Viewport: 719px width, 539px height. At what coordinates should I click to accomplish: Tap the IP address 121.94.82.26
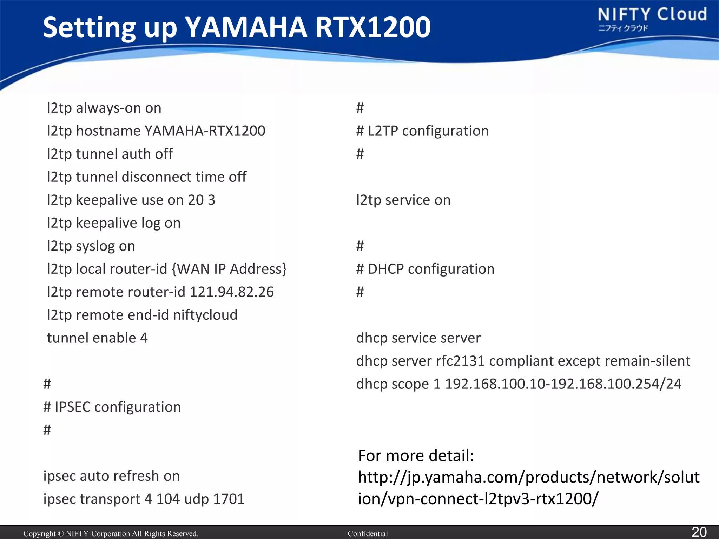coord(232,292)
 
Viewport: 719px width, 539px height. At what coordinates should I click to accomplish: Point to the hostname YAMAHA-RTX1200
coord(205,131)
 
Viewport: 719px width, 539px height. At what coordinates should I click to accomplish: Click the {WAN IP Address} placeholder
coord(229,269)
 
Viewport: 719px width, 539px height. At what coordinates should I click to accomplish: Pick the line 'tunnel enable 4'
coord(97,338)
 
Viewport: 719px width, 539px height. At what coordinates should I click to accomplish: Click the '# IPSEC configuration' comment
coord(112,407)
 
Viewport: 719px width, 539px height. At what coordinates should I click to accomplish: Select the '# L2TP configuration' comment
coord(422,131)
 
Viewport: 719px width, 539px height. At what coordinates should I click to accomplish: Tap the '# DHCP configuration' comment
coord(425,269)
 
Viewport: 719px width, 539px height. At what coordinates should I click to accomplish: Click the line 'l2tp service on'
coord(403,200)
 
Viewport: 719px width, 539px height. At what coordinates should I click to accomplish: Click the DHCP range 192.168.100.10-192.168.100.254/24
coord(563,384)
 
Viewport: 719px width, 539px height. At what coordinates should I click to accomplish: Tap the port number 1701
coord(229,499)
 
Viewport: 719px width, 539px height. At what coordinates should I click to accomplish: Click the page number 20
coord(699,532)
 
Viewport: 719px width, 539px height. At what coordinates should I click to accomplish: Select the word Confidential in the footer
coord(368,534)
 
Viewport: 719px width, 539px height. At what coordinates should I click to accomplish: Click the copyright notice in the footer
coord(111,534)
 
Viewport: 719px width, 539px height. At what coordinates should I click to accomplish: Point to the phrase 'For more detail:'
coord(416,456)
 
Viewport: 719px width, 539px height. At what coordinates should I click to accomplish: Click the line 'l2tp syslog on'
coord(91,246)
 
